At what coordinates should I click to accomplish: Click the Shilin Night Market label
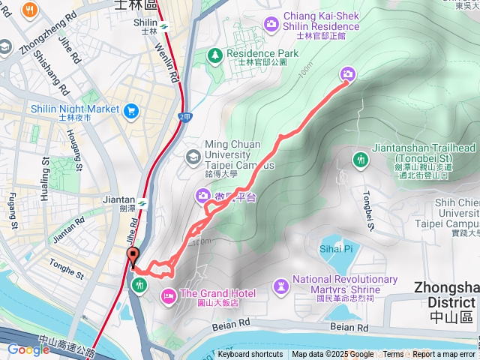pyautogui.click(x=75, y=109)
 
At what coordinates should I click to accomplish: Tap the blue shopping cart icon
pyautogui.click(x=132, y=111)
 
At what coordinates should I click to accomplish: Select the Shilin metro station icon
pyautogui.click(x=163, y=26)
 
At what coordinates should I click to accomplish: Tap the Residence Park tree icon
pyautogui.click(x=215, y=55)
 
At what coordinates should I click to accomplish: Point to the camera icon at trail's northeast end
pyautogui.click(x=348, y=73)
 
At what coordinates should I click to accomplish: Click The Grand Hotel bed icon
pyautogui.click(x=168, y=294)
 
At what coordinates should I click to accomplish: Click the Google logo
pyautogui.click(x=28, y=349)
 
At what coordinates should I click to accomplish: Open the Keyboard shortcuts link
pyautogui.click(x=250, y=355)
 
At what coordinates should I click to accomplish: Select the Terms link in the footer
pyautogui.click(x=393, y=355)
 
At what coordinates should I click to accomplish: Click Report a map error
pyautogui.click(x=443, y=355)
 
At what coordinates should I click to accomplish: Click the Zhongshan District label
pyautogui.click(x=447, y=294)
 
